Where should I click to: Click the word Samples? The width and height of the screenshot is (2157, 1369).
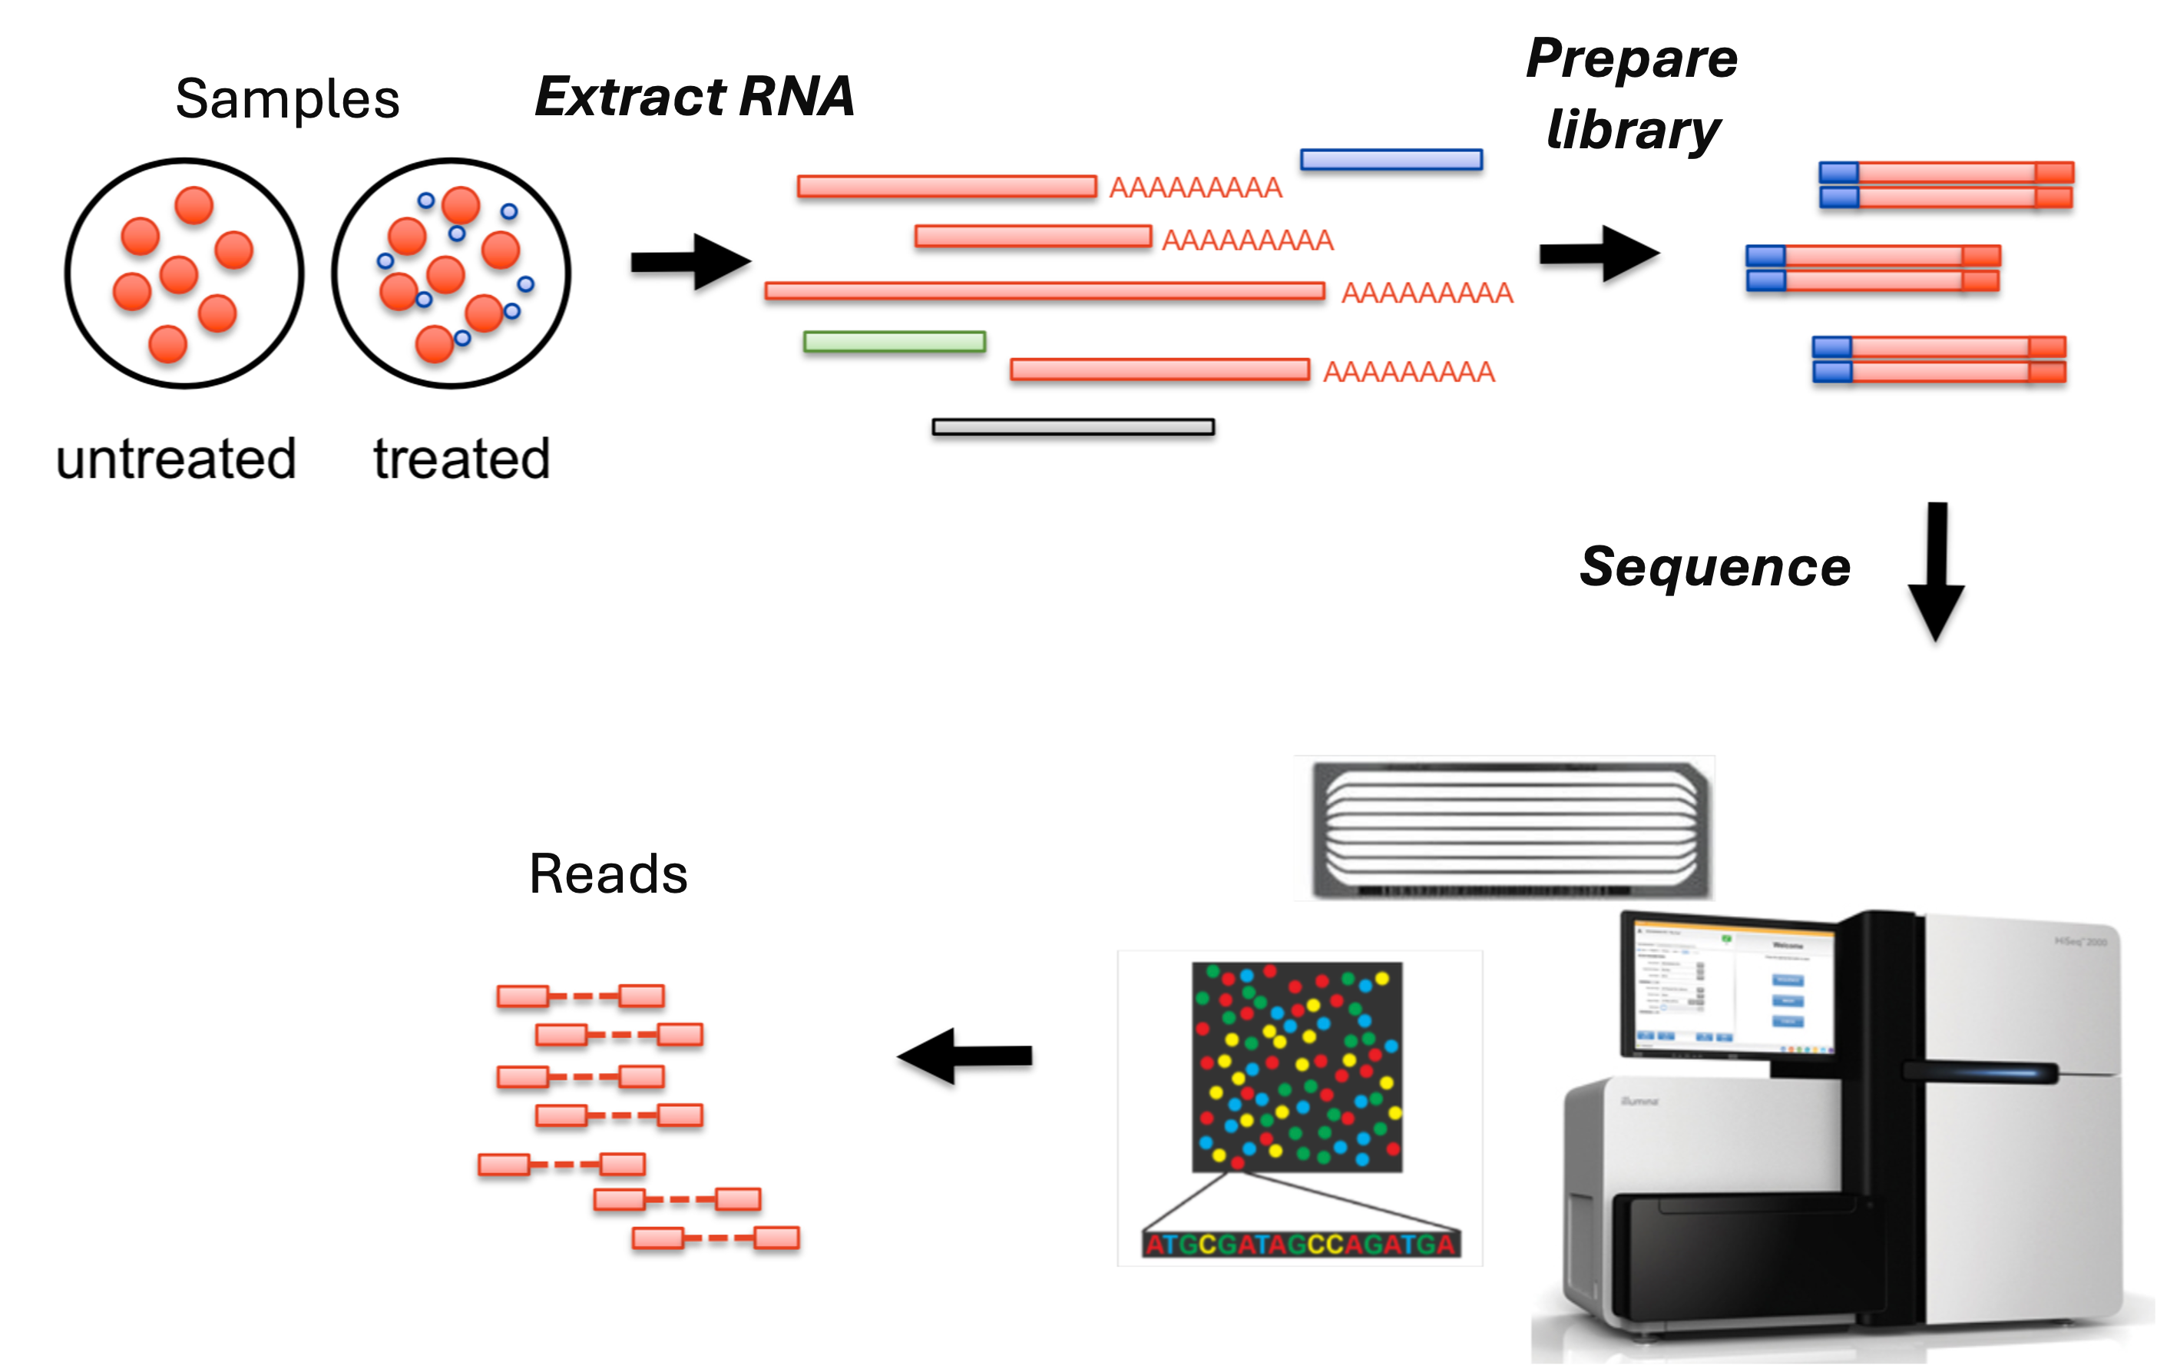click(286, 98)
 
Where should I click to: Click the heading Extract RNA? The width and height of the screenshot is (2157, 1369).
click(694, 96)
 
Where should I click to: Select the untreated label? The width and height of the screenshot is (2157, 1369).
click(176, 459)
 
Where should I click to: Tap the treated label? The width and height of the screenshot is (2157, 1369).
click(462, 459)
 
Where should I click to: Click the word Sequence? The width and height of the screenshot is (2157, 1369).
click(1715, 566)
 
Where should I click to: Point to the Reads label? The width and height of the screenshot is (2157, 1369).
click(608, 873)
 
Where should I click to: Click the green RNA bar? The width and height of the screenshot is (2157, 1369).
click(894, 341)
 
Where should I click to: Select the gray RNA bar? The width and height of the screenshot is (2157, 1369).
click(1074, 427)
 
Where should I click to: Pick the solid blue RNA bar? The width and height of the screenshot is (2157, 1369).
click(1391, 160)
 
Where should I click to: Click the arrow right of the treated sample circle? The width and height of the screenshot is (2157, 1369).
click(690, 262)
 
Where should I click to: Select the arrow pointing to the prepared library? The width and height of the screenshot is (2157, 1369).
click(1599, 254)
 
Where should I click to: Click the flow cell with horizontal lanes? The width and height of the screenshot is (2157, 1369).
click(1510, 828)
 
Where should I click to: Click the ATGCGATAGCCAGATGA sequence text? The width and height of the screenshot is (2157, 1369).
click(1301, 1245)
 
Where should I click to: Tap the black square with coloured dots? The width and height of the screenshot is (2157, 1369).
click(1296, 1067)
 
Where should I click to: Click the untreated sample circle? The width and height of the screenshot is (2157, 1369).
click(184, 273)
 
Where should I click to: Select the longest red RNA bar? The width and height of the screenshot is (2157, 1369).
click(1044, 291)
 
